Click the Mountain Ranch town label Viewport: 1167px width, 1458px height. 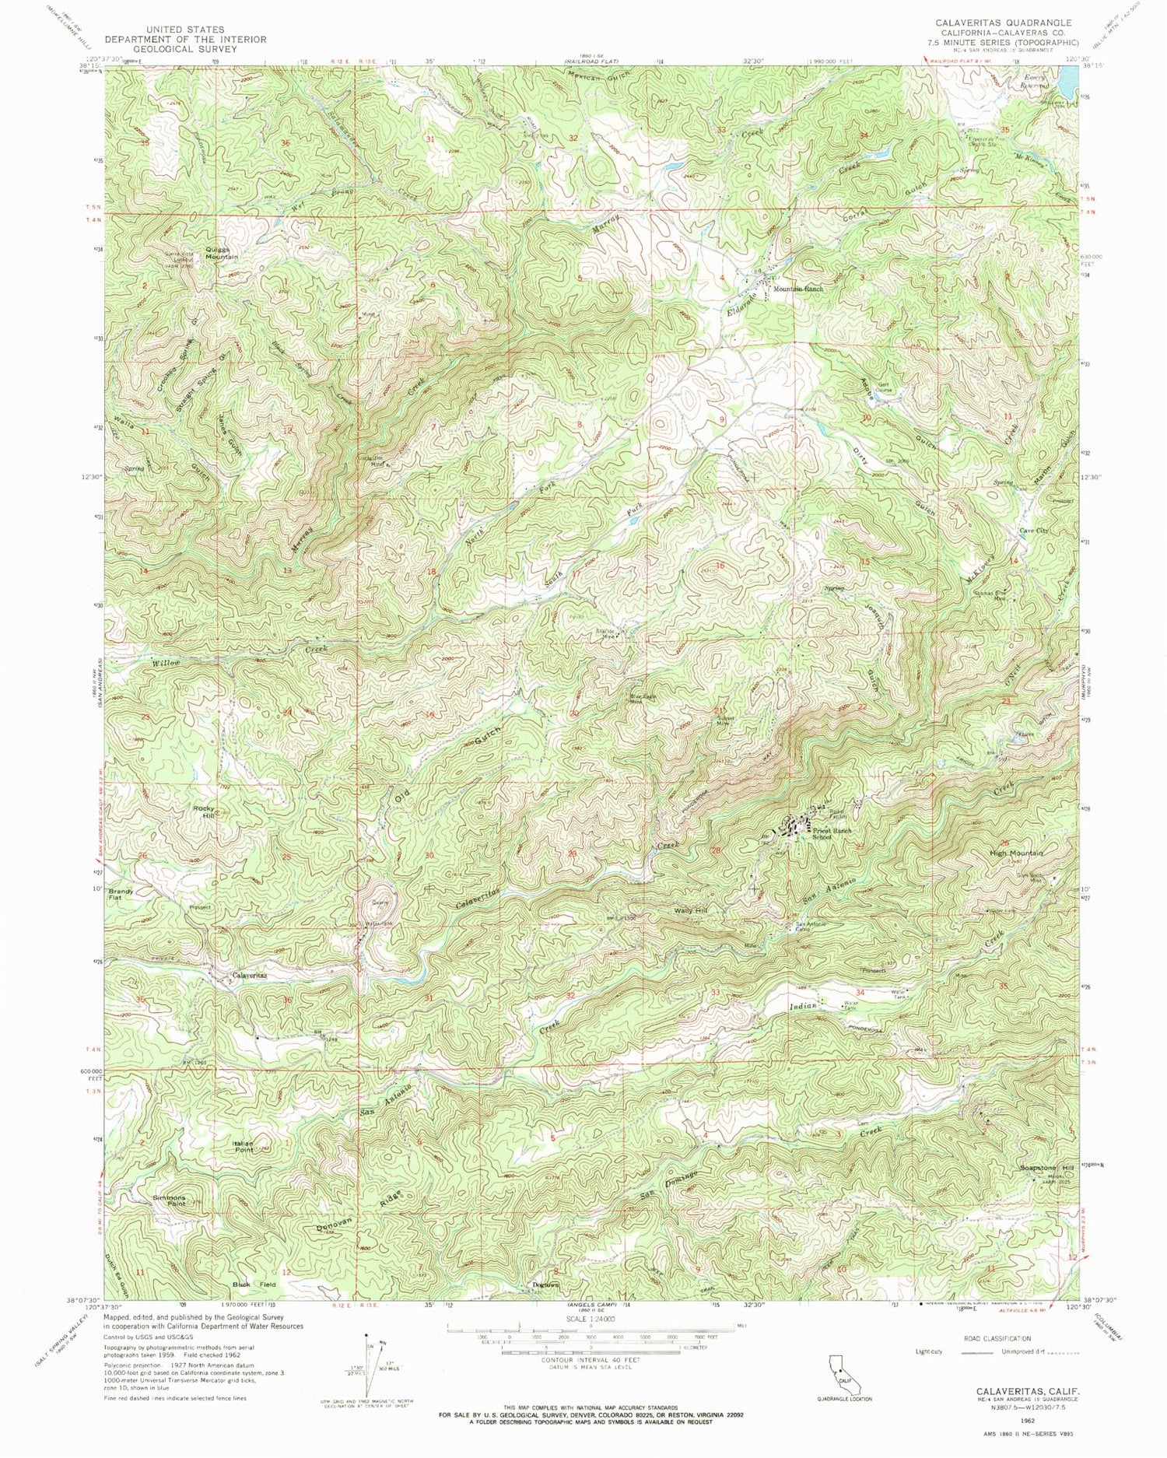[x=797, y=289]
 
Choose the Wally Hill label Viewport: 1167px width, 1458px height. [x=690, y=910]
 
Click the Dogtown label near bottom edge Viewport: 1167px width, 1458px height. [x=545, y=1285]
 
